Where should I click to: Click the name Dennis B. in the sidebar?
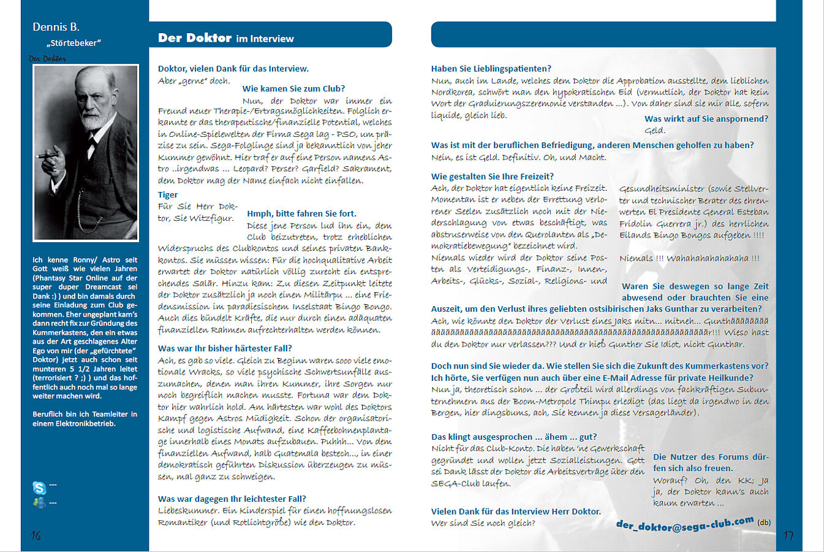point(56,27)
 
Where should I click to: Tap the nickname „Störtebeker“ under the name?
point(74,43)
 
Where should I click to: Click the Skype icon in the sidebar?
point(39,488)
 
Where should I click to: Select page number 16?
point(36,535)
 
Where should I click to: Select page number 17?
point(788,535)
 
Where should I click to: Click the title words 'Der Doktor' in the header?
point(194,38)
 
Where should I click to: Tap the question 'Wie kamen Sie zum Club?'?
point(293,89)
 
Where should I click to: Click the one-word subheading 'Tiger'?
point(168,195)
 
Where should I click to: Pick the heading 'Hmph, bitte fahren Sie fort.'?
point(301,213)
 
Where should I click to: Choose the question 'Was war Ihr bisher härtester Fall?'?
point(225,348)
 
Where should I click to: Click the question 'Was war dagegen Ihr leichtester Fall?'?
point(232,499)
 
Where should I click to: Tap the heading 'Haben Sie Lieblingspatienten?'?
point(491,69)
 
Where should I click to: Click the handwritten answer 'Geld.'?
point(654,131)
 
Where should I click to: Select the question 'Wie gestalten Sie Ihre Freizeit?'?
point(492,177)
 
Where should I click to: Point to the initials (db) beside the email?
point(764,523)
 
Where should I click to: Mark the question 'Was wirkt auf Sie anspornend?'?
point(706,119)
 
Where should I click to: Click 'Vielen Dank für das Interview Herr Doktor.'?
point(515,512)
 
